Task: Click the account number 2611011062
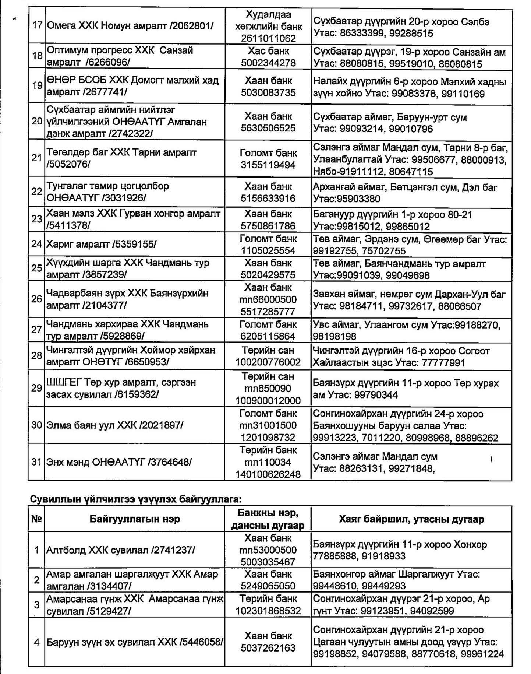[x=268, y=38]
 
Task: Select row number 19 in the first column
[x=37, y=86]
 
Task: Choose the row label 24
[x=37, y=244]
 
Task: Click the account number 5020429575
[x=268, y=275]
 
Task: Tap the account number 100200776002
[x=268, y=362]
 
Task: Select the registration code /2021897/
[x=161, y=425]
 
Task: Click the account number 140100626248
[x=268, y=474]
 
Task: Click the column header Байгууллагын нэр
[x=135, y=519]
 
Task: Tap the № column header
[x=36, y=519]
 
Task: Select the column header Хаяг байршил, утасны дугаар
[x=411, y=519]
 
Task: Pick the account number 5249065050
[x=268, y=586]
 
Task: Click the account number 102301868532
[x=268, y=611]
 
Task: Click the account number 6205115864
[x=268, y=336]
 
